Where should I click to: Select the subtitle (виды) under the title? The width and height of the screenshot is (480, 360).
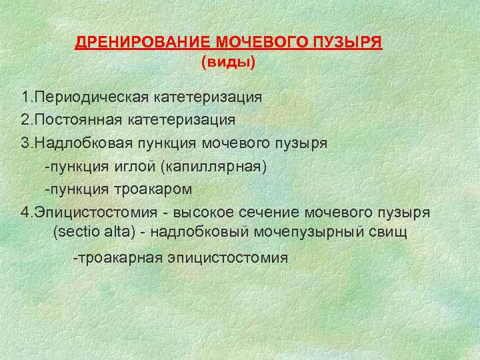click(x=228, y=63)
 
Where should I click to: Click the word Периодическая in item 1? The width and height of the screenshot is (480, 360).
click(x=92, y=97)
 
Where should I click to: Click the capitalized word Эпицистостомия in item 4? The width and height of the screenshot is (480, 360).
click(x=98, y=212)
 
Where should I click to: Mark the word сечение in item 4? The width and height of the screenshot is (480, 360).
click(x=273, y=212)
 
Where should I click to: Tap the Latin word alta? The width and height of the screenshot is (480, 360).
click(x=117, y=233)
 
